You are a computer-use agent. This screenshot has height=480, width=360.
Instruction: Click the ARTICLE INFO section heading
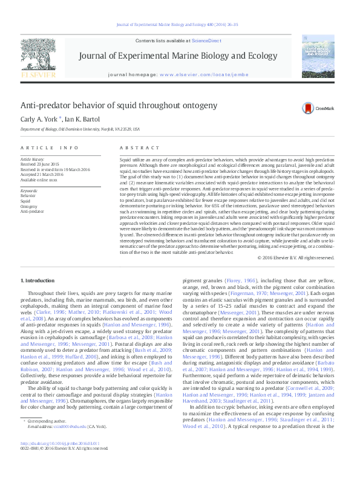[x=50, y=148]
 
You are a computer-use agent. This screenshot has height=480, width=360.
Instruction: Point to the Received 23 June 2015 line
[x=40, y=164]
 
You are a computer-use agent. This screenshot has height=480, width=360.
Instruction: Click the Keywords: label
[x=29, y=191]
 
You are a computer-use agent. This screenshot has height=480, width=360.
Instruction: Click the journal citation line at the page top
[x=180, y=25]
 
